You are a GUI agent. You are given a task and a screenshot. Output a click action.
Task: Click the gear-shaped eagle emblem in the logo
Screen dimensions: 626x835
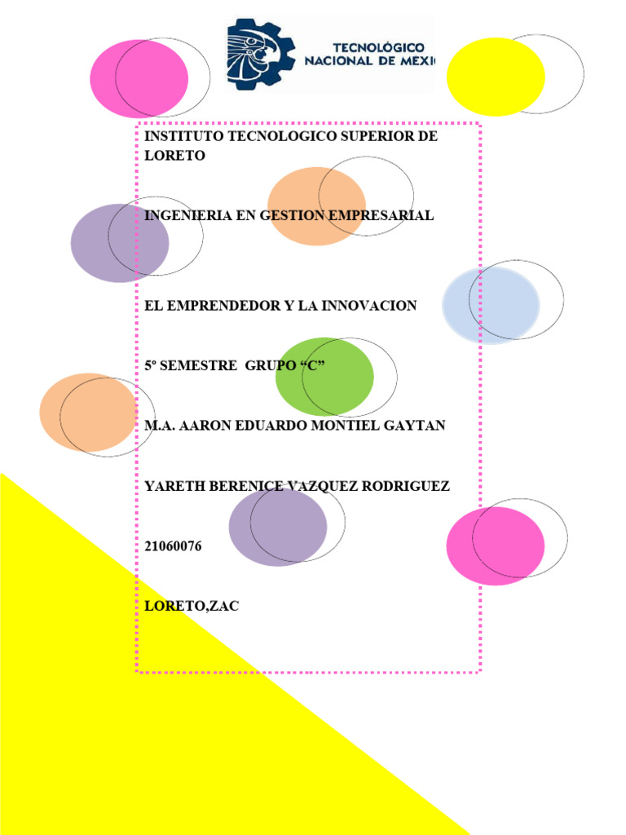(260, 54)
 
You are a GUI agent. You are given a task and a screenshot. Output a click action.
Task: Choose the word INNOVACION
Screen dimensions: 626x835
(368, 306)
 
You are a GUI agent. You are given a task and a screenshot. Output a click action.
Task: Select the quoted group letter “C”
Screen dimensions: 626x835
(312, 366)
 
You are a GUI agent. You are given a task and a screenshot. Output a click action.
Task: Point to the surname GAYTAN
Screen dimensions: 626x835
(415, 426)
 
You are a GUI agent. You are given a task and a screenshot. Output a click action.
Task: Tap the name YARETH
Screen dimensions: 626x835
(171, 486)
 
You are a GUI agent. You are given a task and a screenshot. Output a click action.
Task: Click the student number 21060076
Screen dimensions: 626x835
(173, 546)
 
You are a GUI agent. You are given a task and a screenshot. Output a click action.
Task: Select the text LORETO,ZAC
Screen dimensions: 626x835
(192, 607)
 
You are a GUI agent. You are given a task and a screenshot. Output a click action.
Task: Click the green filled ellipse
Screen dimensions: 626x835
(324, 377)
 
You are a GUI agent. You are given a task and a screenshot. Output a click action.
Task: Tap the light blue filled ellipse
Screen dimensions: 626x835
(491, 305)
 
